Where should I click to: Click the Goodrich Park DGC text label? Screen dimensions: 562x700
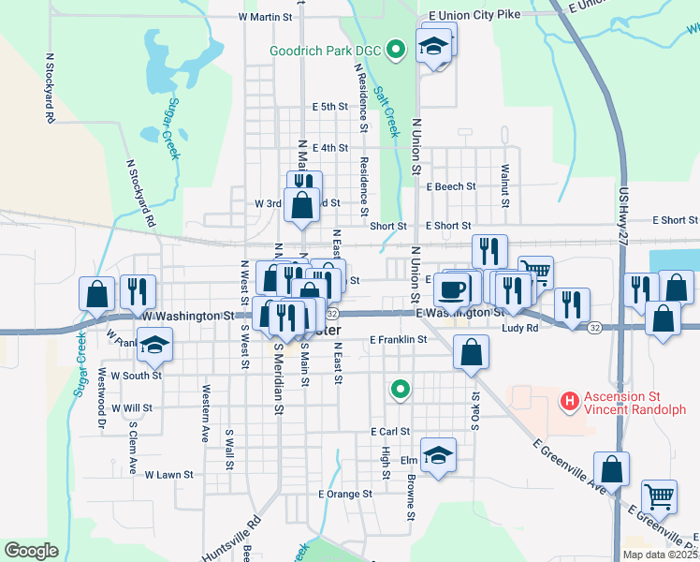[327, 51]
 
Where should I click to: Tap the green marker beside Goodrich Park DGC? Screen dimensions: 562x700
[396, 50]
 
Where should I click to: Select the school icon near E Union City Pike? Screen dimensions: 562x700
[434, 45]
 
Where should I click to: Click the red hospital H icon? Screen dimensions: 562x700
[567, 402]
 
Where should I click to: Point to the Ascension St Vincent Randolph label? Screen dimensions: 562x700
[635, 403]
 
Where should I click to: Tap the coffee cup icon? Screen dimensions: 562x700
[452, 288]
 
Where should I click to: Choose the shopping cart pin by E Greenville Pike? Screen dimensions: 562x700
[660, 495]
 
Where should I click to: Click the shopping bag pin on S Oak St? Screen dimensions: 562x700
[471, 353]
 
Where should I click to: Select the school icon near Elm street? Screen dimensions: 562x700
[437, 454]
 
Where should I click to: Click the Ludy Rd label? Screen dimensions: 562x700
[520, 329]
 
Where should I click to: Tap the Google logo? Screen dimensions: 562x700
[30, 550]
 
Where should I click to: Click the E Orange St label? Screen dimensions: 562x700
[345, 494]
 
